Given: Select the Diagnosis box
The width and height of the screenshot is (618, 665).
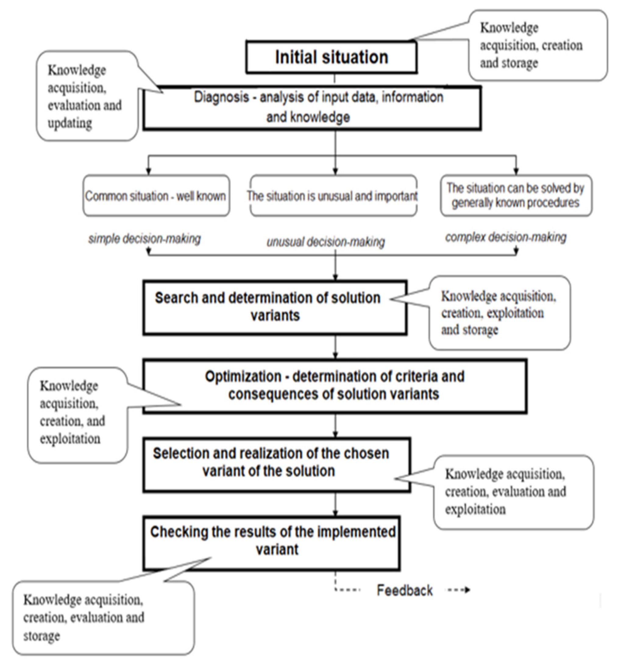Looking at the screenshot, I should coord(312,107).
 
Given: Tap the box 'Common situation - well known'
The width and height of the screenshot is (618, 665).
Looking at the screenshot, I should coord(156,196).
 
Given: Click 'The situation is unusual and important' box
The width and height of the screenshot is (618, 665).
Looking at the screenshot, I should coord(333,196).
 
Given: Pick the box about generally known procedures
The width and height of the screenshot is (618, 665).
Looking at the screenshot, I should coord(516,196).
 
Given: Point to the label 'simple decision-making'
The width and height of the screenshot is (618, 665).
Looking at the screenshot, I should coord(144,239).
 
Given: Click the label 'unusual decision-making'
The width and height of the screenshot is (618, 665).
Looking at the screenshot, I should coord(326,242).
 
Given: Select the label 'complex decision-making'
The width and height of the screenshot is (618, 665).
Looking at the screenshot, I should coord(506,237).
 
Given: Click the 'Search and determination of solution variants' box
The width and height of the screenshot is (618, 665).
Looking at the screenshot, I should coord(275,307).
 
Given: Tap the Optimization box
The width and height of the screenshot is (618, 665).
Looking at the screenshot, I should coord(334,386).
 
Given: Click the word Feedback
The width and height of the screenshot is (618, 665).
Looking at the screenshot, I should coord(405,590).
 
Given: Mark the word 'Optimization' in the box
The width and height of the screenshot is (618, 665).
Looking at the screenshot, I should coord(243,377).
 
